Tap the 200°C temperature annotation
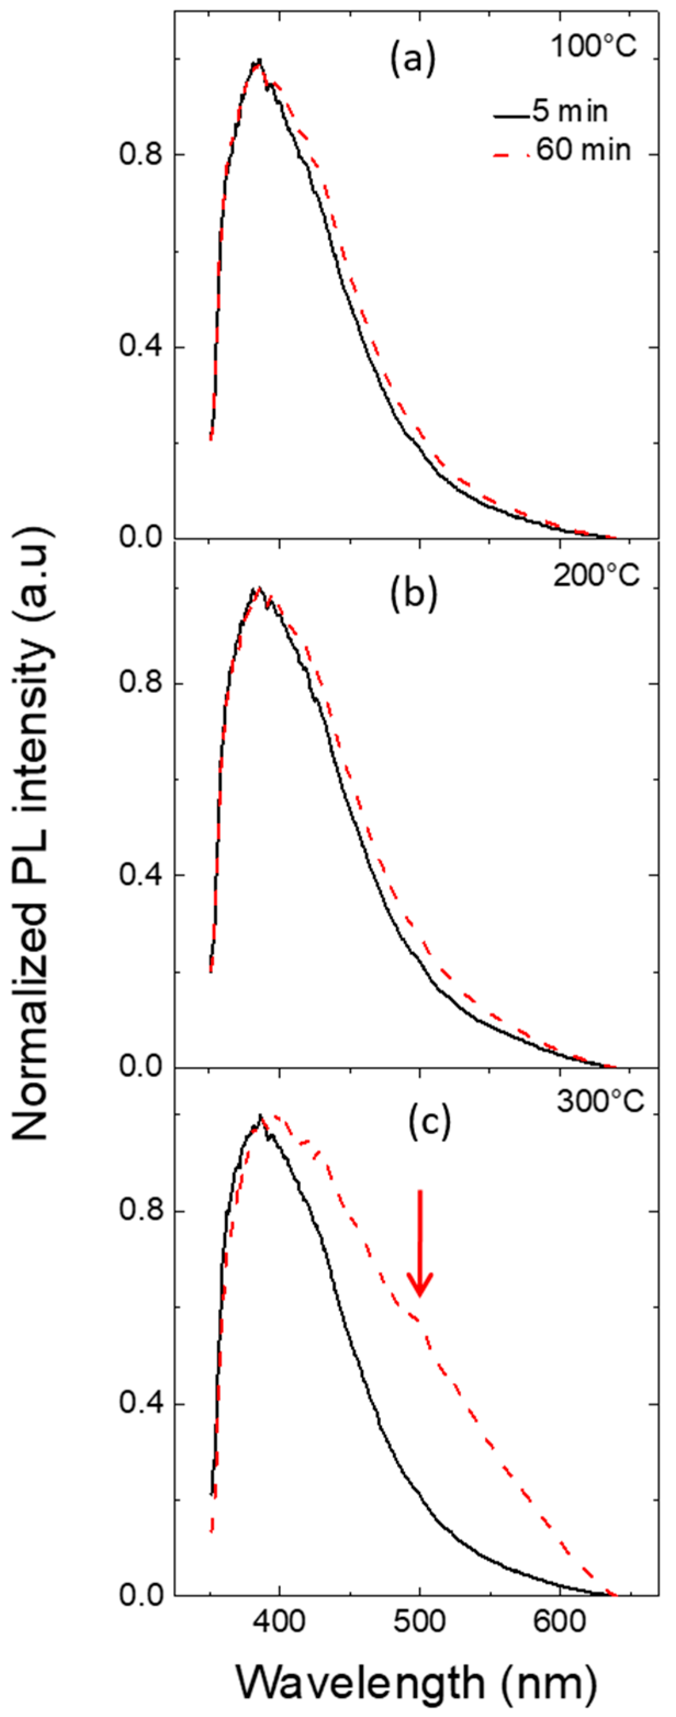click(x=596, y=575)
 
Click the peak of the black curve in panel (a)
click(x=258, y=60)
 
